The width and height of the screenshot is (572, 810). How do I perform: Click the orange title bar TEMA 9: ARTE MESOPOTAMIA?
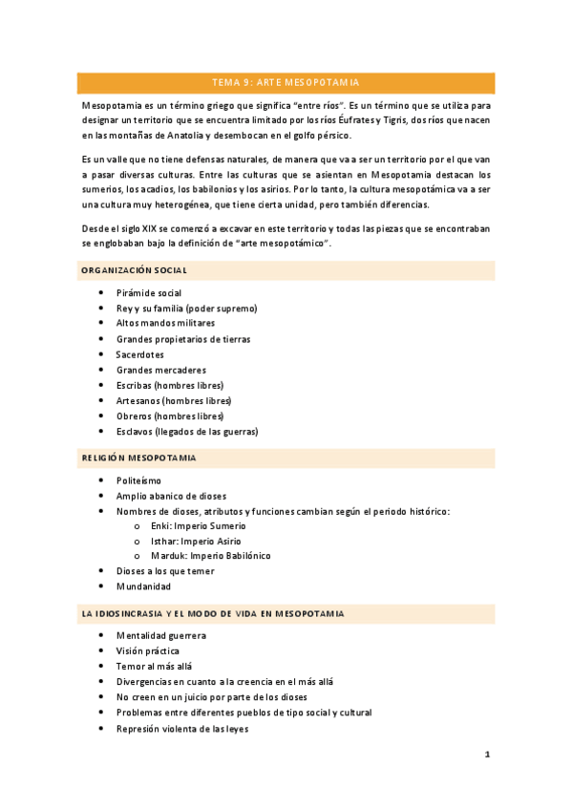[286, 82]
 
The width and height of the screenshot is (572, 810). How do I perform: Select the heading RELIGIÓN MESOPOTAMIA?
[138, 458]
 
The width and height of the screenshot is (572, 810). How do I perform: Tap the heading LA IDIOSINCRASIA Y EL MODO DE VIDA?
[213, 612]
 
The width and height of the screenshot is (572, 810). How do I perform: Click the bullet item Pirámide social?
[149, 292]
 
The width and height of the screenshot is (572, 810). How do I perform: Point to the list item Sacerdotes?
[139, 354]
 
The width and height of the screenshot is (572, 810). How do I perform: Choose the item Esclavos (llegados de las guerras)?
[187, 431]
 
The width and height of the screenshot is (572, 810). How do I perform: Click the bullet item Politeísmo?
[138, 480]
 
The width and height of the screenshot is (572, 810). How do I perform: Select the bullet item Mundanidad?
[144, 586]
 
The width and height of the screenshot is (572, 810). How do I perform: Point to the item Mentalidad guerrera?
[160, 635]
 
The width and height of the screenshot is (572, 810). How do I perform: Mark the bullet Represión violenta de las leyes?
[181, 728]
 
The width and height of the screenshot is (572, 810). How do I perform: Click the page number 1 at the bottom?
[487, 755]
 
